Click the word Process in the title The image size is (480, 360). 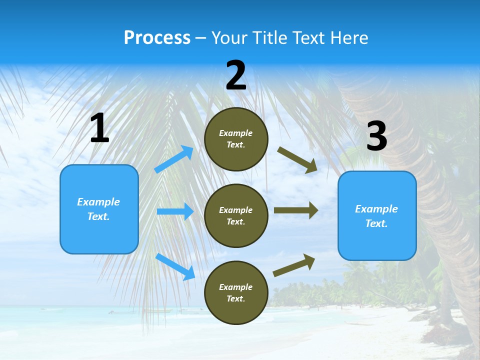coord(157,38)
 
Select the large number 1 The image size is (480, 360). coord(99,128)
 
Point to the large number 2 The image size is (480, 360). coord(236,75)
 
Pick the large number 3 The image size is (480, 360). coord(376,136)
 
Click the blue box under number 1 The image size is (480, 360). coord(99,209)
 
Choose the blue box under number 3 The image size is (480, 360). coord(377,215)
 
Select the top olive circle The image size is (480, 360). coord(236,139)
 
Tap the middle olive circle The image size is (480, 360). coord(236,215)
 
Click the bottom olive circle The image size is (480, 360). coord(236,292)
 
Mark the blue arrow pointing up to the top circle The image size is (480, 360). coord(174,159)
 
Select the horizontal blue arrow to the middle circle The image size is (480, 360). coord(175,211)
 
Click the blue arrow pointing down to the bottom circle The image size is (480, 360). coord(175,266)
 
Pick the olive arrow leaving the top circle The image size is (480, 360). coord(297,160)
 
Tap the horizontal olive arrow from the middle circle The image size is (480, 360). coord(296,210)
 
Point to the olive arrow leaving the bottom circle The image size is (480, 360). coord(294,265)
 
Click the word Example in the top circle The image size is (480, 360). coord(236,133)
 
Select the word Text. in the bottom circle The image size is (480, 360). coord(236,298)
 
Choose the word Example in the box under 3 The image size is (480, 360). coord(376,209)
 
